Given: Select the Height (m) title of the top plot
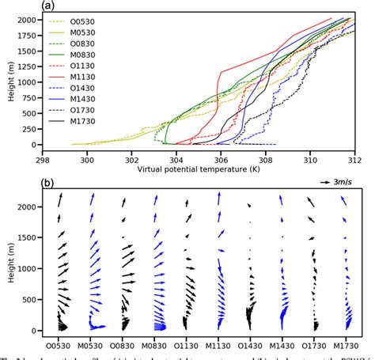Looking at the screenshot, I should [9, 81].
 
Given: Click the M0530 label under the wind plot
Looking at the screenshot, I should [93, 345].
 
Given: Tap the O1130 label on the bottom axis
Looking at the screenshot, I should [186, 345].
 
